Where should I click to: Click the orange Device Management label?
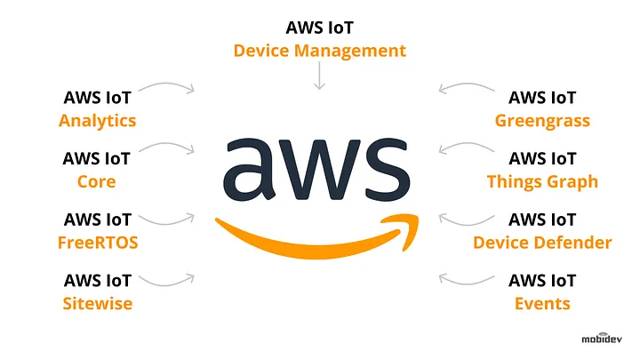[x=320, y=51]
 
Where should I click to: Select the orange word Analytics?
[x=97, y=121]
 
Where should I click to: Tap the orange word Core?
[x=96, y=181]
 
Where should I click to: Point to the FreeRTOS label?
[x=98, y=243]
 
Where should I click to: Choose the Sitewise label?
[x=98, y=304]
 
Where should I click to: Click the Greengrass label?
[x=542, y=121]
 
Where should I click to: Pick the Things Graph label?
[x=542, y=182]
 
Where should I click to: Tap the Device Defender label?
[x=542, y=243]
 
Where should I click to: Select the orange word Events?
[x=542, y=304]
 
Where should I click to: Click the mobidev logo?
[x=602, y=338]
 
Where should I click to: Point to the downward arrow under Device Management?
[x=320, y=76]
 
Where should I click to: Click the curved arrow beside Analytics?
[x=167, y=84]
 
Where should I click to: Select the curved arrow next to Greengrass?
[x=466, y=84]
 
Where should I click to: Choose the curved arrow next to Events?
[x=466, y=284]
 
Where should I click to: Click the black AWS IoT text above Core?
[x=96, y=159]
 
